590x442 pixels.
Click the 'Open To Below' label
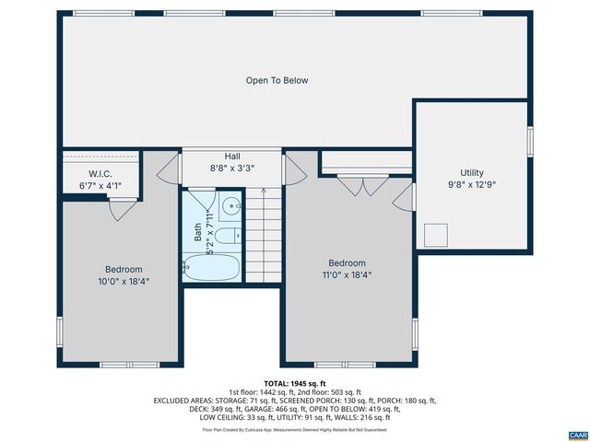pyautogui.click(x=277, y=80)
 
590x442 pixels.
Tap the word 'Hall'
pyautogui.click(x=232, y=157)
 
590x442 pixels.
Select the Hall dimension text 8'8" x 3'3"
pyautogui.click(x=232, y=169)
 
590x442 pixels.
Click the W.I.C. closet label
pyautogui.click(x=100, y=173)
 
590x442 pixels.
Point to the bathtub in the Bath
pyautogui.click(x=211, y=269)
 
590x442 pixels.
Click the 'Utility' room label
pyautogui.click(x=472, y=172)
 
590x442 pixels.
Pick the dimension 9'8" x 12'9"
pyautogui.click(x=472, y=185)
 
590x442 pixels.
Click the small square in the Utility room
pyautogui.click(x=435, y=235)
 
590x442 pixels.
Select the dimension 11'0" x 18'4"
pyautogui.click(x=348, y=274)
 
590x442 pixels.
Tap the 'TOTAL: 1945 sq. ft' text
pyautogui.click(x=295, y=383)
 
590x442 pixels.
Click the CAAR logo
pyautogui.click(x=577, y=433)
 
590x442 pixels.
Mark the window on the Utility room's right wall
pyautogui.click(x=530, y=140)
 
